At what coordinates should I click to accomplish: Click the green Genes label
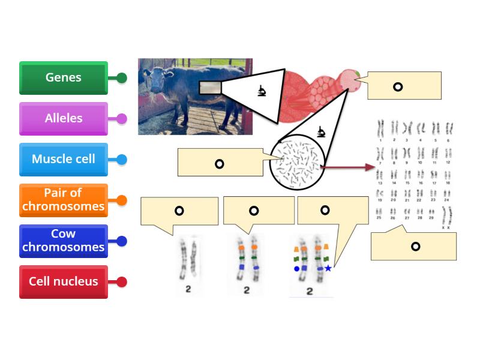point(64,78)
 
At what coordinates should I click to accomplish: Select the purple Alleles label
point(64,119)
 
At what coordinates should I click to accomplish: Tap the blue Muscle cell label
point(64,160)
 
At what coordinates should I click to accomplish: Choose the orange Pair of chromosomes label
point(64,200)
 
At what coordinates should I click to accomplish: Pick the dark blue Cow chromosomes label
point(64,241)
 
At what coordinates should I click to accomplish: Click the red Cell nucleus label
point(64,282)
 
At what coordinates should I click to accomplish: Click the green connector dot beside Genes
point(122,78)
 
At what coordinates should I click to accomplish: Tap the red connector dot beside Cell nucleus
point(122,282)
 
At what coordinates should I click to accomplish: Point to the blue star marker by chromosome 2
point(328,268)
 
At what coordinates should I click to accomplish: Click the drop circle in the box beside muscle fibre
point(398,87)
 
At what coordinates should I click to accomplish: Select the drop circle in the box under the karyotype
point(415,247)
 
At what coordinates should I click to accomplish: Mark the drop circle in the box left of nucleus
point(220,164)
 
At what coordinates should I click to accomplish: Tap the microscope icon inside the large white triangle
point(262,91)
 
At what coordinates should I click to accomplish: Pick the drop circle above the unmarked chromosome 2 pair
point(179,211)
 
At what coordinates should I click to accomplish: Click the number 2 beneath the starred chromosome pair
point(310,292)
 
